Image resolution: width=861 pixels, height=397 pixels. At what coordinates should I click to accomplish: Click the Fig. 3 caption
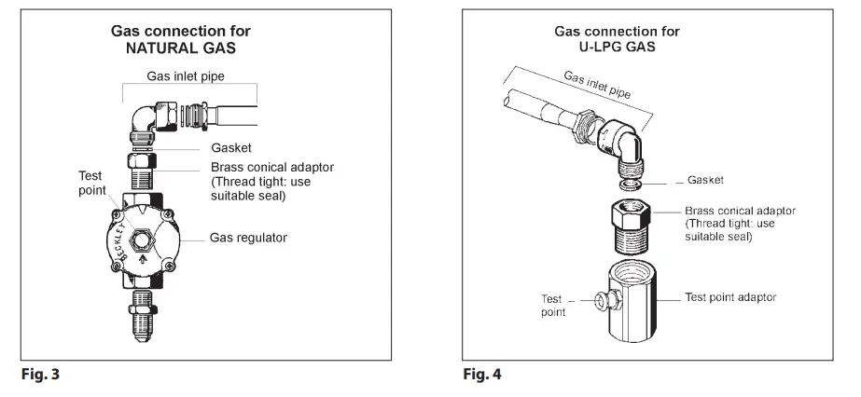click(x=40, y=375)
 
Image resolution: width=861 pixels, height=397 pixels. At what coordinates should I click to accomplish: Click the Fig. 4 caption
click(x=482, y=375)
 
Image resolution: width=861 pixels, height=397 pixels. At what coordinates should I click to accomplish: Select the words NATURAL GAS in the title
click(x=181, y=48)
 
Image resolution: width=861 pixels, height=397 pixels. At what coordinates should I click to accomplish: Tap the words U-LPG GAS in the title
click(x=618, y=47)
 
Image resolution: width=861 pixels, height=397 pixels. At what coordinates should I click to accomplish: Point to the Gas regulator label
click(x=248, y=238)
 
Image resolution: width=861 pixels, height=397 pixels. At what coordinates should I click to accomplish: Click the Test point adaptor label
click(x=730, y=297)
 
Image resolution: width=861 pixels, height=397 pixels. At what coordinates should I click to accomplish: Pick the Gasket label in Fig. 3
click(x=231, y=148)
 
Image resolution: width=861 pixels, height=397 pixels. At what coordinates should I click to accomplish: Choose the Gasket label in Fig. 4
click(x=705, y=180)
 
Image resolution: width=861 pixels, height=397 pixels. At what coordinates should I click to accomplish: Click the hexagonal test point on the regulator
click(x=142, y=240)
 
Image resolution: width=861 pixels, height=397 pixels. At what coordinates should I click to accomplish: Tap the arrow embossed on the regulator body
click(x=143, y=259)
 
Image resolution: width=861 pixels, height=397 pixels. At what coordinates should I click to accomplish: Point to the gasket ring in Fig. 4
click(x=629, y=184)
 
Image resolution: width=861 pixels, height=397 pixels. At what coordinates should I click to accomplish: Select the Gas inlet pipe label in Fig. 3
click(x=186, y=76)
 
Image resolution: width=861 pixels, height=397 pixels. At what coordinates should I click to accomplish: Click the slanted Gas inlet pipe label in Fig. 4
click(x=597, y=85)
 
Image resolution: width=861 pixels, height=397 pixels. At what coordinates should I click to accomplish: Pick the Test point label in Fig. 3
click(x=91, y=184)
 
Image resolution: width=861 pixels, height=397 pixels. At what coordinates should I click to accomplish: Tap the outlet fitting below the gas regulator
click(x=143, y=315)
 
